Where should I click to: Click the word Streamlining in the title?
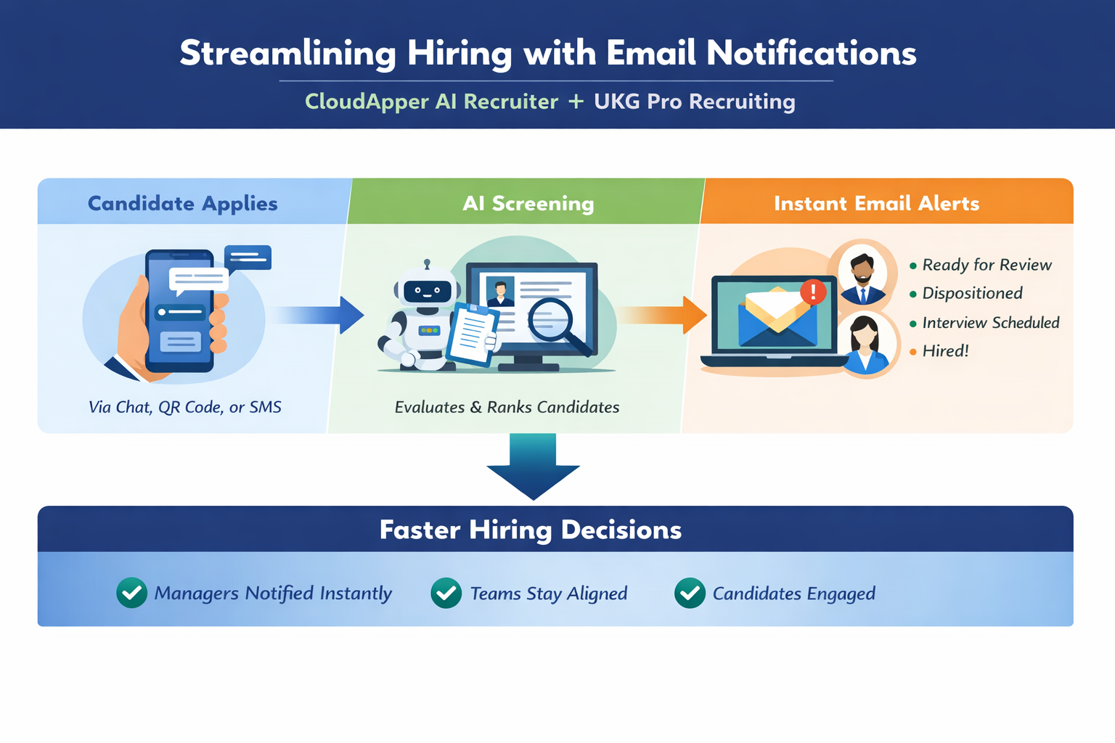point(287,54)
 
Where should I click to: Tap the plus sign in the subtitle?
point(576,102)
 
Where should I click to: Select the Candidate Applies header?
point(183,203)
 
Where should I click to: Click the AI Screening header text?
point(528,203)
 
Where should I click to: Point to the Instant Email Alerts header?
point(877,203)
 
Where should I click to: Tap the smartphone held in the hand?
point(180,311)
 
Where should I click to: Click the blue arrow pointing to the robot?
point(319,315)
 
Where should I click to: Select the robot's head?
point(427,286)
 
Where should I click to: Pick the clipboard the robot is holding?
point(472,334)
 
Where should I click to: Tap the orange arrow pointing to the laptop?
point(662,315)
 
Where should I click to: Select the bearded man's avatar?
point(862,274)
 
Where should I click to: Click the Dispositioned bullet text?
point(972,293)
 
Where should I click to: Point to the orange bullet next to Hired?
point(913,352)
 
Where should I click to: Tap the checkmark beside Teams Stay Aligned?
point(446,593)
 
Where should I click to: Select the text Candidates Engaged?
point(794,594)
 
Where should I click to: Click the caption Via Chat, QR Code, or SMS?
point(184,407)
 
